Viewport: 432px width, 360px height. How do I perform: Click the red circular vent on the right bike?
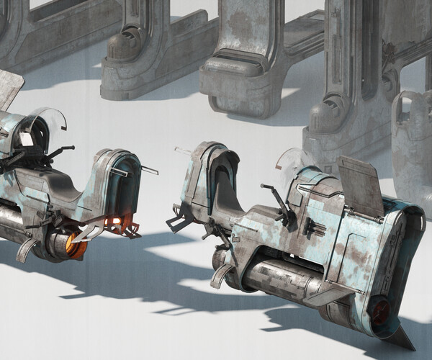click(x=379, y=312)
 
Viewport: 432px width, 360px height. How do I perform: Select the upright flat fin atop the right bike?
click(x=361, y=184)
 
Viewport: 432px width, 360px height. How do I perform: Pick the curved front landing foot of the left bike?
click(x=25, y=248)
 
